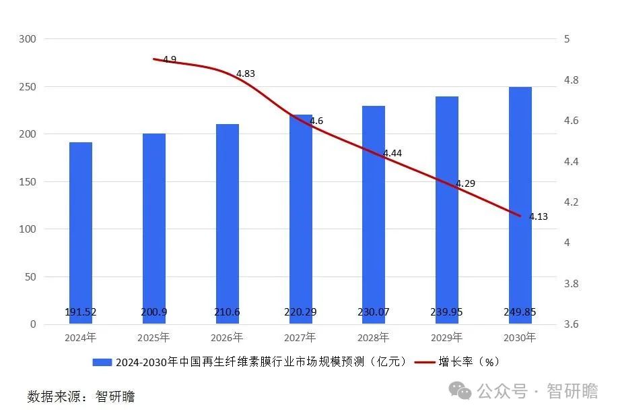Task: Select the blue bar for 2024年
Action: pyautogui.click(x=81, y=229)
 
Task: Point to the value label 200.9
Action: pyautogui.click(x=153, y=312)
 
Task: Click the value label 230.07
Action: pyautogui.click(x=374, y=312)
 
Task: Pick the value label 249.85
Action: pyautogui.click(x=520, y=312)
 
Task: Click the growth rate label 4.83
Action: pyautogui.click(x=246, y=73)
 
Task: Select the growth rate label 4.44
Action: pyautogui.click(x=392, y=154)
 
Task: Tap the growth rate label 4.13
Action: pyautogui.click(x=539, y=216)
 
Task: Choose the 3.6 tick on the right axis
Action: pyautogui.click(x=571, y=324)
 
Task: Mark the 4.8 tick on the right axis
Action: pyautogui.click(x=571, y=80)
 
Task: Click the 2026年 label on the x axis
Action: pyautogui.click(x=228, y=337)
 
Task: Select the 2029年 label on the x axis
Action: pyautogui.click(x=447, y=337)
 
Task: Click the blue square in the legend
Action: pyautogui.click(x=103, y=362)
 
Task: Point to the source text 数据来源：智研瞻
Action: pyautogui.click(x=81, y=396)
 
